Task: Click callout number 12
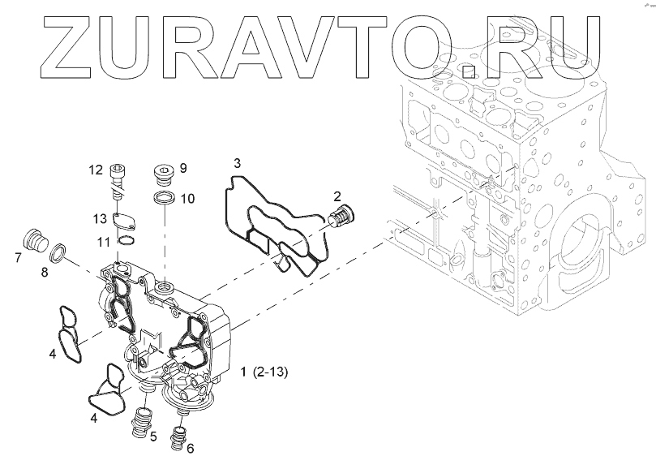click(x=95, y=170)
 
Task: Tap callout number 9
click(x=182, y=168)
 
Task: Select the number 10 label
click(x=187, y=198)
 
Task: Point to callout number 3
click(x=236, y=163)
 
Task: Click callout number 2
click(x=336, y=196)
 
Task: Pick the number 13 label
click(x=100, y=218)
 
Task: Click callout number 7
click(x=18, y=258)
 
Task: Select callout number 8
click(x=45, y=273)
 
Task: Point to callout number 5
click(x=153, y=437)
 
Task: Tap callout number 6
click(x=190, y=447)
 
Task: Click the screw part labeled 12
click(x=119, y=179)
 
